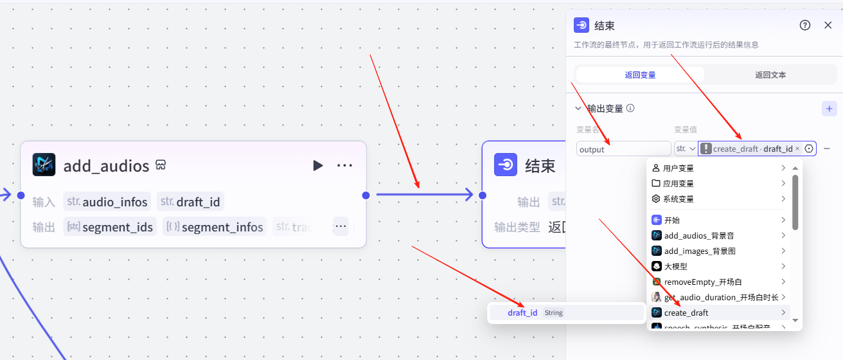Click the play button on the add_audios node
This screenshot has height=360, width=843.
pos(317,166)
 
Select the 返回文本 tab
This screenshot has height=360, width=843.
pos(770,75)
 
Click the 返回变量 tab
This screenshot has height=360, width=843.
pos(640,75)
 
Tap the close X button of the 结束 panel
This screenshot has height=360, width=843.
pos(828,25)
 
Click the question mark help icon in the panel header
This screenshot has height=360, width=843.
pos(804,25)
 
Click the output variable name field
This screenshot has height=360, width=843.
pos(623,149)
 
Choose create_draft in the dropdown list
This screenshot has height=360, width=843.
pos(686,313)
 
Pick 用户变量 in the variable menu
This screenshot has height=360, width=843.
pos(678,168)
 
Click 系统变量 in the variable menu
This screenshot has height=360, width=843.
pos(678,199)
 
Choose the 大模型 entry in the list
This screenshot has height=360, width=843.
pos(675,267)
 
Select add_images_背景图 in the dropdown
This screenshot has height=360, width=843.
pos(699,251)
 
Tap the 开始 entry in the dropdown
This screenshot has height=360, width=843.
pos(671,221)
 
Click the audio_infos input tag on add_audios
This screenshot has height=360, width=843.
pos(107,203)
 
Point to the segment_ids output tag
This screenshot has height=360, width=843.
pos(110,227)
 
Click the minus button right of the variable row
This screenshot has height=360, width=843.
pos(827,148)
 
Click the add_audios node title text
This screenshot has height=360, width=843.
pos(106,166)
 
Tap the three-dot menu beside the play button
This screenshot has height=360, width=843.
pos(345,166)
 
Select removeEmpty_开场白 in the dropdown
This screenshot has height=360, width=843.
pos(702,282)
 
